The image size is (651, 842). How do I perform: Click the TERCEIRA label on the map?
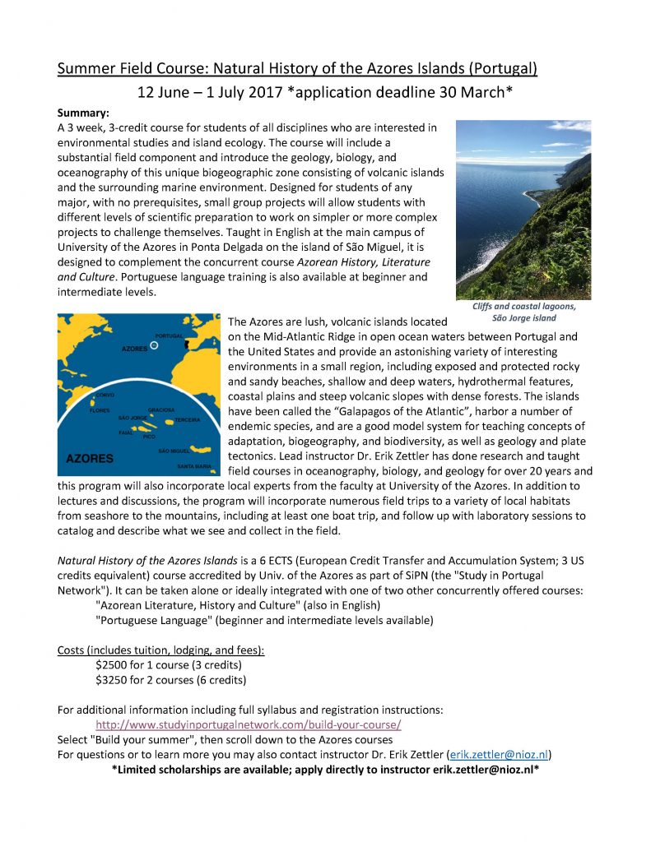(x=187, y=419)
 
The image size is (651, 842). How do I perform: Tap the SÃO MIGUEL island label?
(x=174, y=451)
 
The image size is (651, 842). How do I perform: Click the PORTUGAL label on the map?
(x=169, y=335)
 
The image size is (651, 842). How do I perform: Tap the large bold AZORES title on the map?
(x=90, y=457)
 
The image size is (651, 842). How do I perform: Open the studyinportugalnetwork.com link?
(x=249, y=725)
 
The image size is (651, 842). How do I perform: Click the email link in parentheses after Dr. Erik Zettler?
(x=498, y=754)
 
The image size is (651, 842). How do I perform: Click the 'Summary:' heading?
(x=84, y=112)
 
